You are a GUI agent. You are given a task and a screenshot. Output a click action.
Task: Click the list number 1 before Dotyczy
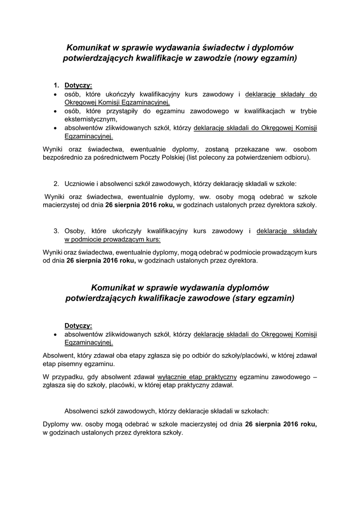pyautogui.click(x=57, y=85)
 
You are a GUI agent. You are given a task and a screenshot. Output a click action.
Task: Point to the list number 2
pyautogui.click(x=57, y=183)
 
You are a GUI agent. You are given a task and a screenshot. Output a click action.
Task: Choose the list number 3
pyautogui.click(x=57, y=231)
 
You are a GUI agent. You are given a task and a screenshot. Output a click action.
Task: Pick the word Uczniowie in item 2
pyautogui.click(x=80, y=183)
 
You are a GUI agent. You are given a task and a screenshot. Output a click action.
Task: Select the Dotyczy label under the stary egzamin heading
pyautogui.click(x=78, y=325)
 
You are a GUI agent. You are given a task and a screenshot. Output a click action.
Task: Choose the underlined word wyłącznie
pyautogui.click(x=174, y=376)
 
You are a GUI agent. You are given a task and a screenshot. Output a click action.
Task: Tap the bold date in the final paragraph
pyautogui.click(x=281, y=424)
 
